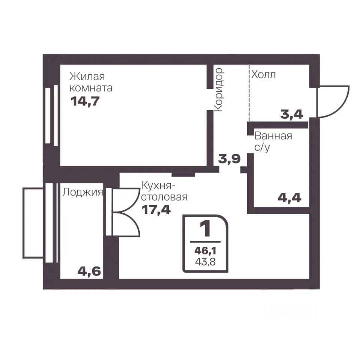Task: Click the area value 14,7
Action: click(x=85, y=101)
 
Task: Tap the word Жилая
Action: click(x=87, y=76)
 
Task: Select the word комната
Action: click(x=91, y=88)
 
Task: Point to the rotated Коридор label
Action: click(x=218, y=90)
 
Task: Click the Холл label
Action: click(x=263, y=75)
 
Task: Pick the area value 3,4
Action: click(x=292, y=114)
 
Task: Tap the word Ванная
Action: click(x=273, y=136)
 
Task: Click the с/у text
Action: click(x=262, y=148)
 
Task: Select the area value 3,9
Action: click(x=229, y=159)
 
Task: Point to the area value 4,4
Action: click(x=289, y=198)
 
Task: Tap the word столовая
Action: click(x=164, y=197)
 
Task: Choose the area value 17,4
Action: click(x=156, y=210)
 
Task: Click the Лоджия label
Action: click(x=82, y=192)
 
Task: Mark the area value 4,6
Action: click(x=89, y=271)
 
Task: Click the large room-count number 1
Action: click(x=205, y=228)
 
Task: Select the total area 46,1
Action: click(x=205, y=251)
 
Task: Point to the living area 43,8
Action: click(x=205, y=262)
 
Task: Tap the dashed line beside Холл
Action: click(x=249, y=93)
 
